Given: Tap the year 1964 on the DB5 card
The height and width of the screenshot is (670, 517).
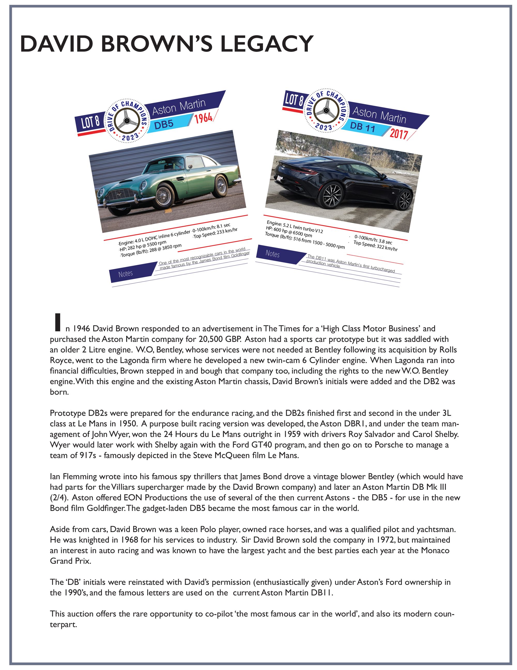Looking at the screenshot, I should (x=203, y=118).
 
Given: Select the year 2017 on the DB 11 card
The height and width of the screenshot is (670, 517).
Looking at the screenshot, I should (x=399, y=134).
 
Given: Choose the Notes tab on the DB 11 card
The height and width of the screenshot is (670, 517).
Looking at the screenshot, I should (x=272, y=254).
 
